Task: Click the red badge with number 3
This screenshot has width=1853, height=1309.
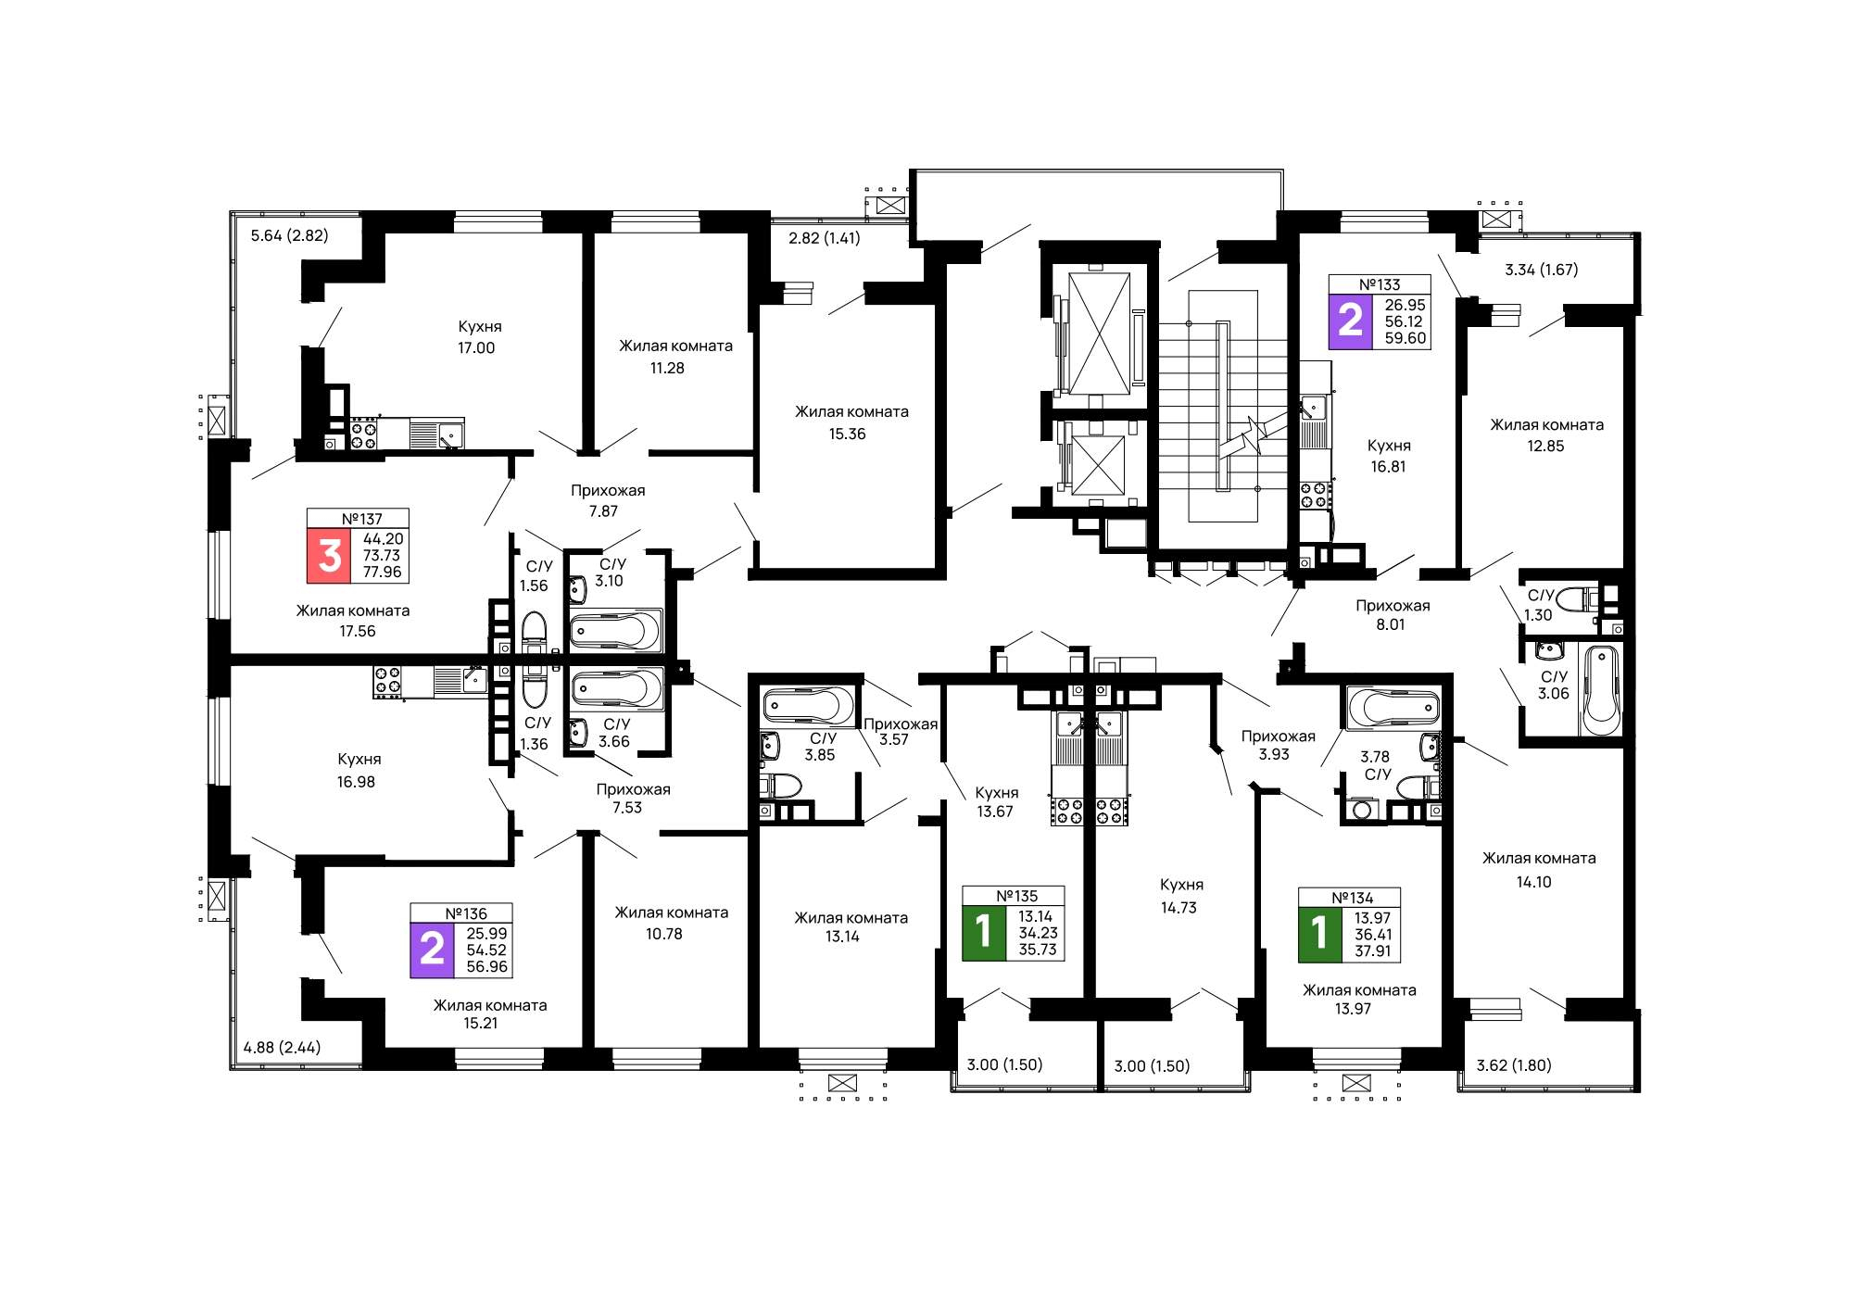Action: tap(329, 556)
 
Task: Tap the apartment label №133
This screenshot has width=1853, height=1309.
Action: tap(1380, 284)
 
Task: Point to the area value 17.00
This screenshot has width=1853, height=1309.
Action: tap(476, 348)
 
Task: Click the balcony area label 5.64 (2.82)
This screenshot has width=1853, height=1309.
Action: tap(289, 235)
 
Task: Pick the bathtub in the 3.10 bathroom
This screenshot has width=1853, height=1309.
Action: tap(615, 631)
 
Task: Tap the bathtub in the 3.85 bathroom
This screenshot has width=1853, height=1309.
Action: tap(809, 706)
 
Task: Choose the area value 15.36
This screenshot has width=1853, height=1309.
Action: tap(847, 434)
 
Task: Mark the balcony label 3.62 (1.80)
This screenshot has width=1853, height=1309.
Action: tap(1514, 1065)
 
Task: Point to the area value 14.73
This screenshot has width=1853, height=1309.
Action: tap(1179, 908)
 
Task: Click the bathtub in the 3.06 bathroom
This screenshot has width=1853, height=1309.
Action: tap(1601, 690)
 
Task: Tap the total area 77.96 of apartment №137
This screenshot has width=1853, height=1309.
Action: tap(382, 573)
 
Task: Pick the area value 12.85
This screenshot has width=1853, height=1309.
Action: tap(1545, 447)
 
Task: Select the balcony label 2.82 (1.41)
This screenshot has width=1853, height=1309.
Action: tap(825, 238)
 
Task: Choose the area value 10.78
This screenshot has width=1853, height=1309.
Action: tap(664, 934)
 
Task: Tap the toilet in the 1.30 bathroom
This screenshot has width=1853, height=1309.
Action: tap(1576, 599)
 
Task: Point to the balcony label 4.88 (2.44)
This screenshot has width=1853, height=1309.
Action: tap(282, 1048)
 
